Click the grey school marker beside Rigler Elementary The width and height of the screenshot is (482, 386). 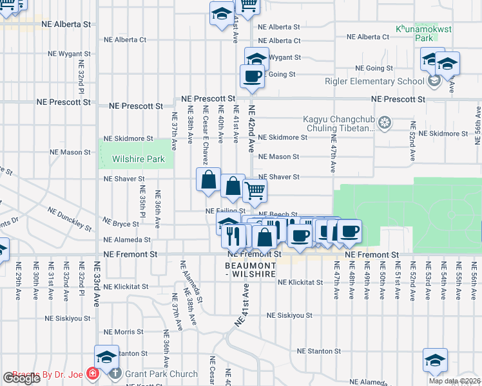point(434,82)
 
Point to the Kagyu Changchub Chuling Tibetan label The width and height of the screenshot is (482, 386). point(339,124)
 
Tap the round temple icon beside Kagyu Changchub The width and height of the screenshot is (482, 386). point(385,122)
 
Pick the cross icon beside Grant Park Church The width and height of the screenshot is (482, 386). point(115,373)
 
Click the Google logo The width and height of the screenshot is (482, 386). point(21,378)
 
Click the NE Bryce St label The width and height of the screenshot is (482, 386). point(121,224)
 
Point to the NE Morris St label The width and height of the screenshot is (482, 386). point(123,331)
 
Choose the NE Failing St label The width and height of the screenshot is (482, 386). point(226,210)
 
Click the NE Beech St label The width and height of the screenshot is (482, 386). point(278,215)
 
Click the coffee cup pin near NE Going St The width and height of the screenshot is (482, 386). point(252,77)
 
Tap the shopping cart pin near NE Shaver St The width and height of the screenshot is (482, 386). point(255,190)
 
